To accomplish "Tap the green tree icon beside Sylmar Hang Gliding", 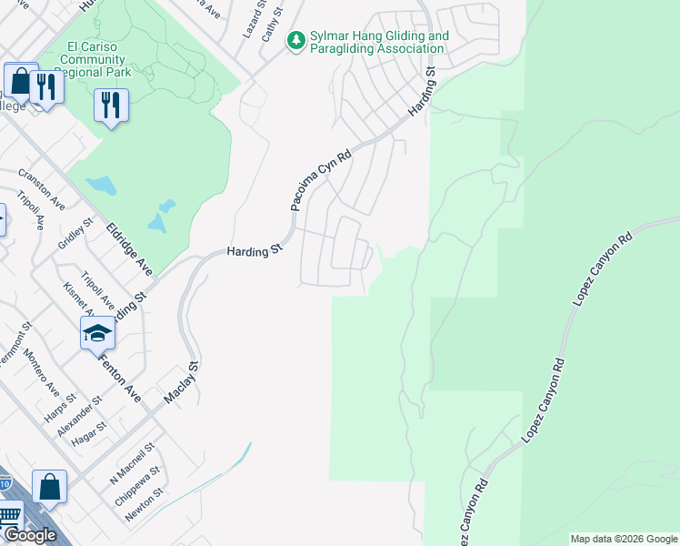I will click(x=295, y=40).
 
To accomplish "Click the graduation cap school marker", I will click(x=97, y=335).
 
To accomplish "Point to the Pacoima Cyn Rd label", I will click(x=320, y=182).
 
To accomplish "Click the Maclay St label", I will click(x=180, y=383).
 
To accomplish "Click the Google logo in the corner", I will click(x=31, y=535).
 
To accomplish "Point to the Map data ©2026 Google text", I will click(x=624, y=539).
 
